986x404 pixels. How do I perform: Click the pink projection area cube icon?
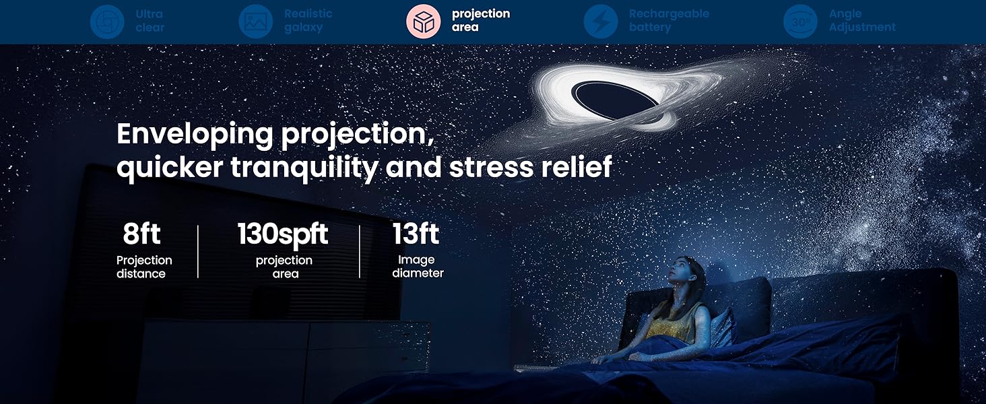423,21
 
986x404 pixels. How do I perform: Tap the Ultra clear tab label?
150,21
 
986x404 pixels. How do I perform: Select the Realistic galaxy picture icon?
255,21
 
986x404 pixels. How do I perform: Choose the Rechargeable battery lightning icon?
600,21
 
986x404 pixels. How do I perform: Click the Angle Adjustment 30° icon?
800,21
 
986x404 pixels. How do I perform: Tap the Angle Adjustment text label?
862,21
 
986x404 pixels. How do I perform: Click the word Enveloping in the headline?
195,135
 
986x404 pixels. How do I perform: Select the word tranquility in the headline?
304,168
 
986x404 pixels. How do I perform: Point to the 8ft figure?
141,234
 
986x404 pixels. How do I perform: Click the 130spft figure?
283,234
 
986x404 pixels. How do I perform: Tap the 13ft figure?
416,234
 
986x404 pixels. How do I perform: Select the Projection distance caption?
143,267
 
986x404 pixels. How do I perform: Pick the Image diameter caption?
418,266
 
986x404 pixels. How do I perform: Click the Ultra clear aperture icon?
107,21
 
